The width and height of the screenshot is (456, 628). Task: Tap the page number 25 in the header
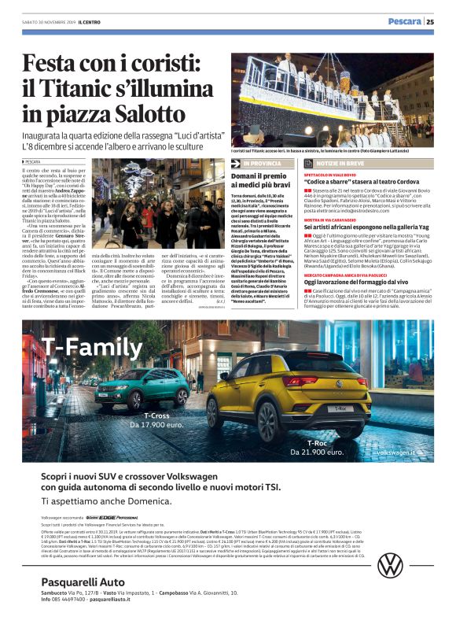(430, 22)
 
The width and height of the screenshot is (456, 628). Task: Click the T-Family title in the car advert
(81, 346)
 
